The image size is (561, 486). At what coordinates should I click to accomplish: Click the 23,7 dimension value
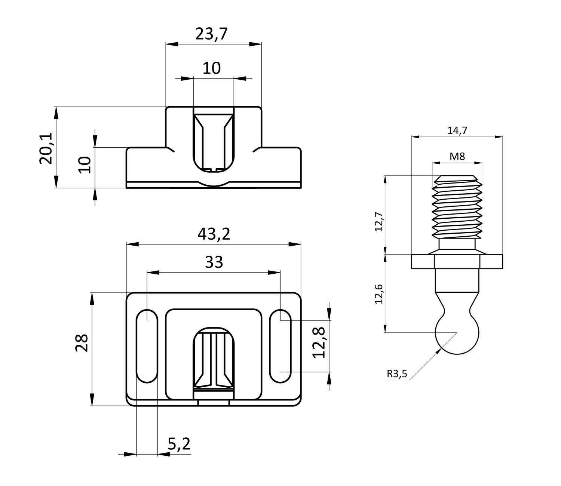pos(211,34)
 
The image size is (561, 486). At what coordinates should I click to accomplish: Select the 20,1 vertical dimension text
pos(46,148)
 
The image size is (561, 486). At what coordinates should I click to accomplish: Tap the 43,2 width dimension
pos(214,234)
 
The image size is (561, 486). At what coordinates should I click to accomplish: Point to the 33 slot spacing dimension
pos(214,262)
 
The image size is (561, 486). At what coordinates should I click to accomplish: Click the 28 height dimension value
pos(82,343)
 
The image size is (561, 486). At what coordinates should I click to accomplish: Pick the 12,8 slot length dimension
pos(319,343)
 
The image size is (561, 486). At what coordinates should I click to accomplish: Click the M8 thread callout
pos(457,156)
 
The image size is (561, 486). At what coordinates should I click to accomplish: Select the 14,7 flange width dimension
pos(457,130)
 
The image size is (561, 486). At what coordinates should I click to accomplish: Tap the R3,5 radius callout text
pos(397,373)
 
